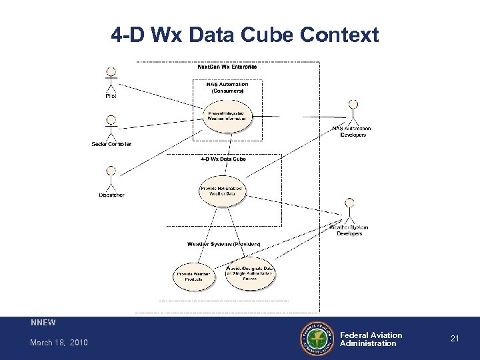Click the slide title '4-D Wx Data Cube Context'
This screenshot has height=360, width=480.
(x=245, y=35)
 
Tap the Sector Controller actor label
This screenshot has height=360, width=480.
(x=111, y=144)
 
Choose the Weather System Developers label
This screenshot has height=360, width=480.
(x=349, y=230)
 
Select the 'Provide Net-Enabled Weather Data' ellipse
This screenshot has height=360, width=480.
(x=221, y=191)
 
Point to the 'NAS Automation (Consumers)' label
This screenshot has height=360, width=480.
(x=227, y=87)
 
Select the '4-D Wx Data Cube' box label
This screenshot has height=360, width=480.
(x=223, y=159)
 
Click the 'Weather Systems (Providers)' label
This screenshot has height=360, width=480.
(x=224, y=243)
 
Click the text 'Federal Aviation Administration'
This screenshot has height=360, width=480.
(x=371, y=339)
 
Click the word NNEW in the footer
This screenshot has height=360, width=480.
(x=43, y=323)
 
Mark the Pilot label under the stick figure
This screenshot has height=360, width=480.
(x=111, y=96)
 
